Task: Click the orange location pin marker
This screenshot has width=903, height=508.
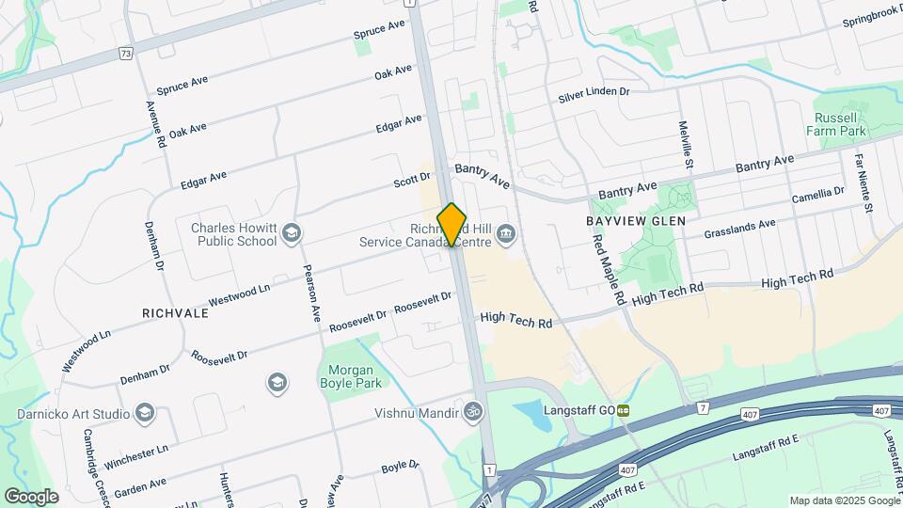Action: tap(452, 224)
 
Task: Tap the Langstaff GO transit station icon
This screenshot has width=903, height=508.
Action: tap(623, 410)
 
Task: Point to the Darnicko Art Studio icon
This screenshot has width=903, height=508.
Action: tap(144, 413)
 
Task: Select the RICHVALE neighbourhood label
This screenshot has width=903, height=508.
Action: tap(175, 312)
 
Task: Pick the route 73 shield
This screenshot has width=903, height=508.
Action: tap(125, 54)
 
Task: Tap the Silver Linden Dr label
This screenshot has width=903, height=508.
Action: tap(593, 94)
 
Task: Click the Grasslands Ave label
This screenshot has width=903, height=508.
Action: tap(739, 225)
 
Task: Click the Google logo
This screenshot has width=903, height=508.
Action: tap(31, 496)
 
